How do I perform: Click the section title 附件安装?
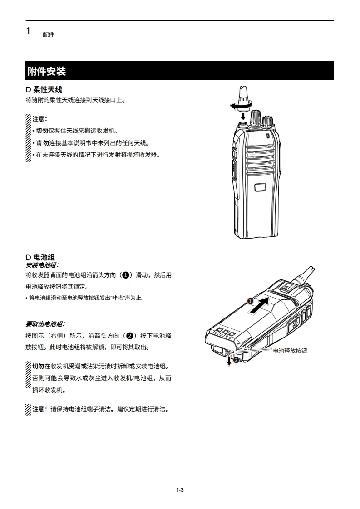(46, 71)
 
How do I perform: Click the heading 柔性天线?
(47, 89)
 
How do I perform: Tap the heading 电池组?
(44, 257)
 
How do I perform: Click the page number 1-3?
(180, 490)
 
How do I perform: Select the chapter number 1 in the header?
(28, 31)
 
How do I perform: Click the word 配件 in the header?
(49, 34)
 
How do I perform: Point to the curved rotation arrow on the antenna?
(241, 106)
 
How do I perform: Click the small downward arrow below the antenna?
(243, 116)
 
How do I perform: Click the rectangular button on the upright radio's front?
(260, 187)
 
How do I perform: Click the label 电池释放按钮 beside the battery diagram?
(290, 351)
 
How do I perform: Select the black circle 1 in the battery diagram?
(250, 301)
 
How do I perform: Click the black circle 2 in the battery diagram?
(236, 360)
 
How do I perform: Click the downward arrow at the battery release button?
(229, 360)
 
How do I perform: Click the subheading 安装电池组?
(42, 265)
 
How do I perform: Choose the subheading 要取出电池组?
(45, 324)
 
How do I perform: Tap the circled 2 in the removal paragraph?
(130, 336)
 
